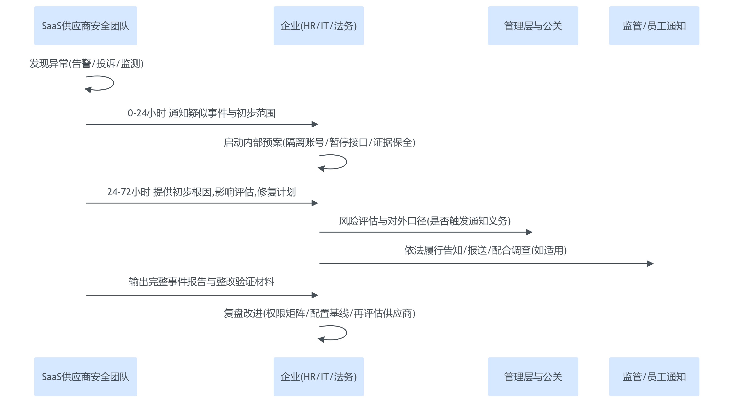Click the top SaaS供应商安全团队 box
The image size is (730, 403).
point(86,26)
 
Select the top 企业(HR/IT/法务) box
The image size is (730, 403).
point(319,26)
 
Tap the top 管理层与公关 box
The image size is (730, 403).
point(533,26)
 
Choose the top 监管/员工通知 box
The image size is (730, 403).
point(654,26)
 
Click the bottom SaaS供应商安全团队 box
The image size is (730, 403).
point(86,377)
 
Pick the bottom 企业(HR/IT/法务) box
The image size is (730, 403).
point(319,377)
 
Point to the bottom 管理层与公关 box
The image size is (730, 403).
point(533,377)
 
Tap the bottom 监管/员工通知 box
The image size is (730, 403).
point(654,377)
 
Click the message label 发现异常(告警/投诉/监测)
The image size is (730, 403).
point(86,64)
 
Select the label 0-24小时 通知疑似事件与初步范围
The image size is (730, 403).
point(201,113)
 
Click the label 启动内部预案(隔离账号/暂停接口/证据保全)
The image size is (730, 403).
point(319,142)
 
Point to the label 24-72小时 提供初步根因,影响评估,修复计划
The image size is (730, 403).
point(201,192)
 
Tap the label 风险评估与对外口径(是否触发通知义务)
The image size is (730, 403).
point(425,221)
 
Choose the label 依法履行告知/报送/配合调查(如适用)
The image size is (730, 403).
point(485,250)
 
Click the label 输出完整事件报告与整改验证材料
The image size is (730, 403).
point(201,282)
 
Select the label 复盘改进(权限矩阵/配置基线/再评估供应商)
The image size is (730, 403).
point(319,313)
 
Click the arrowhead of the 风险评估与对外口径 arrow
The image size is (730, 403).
point(529,232)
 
